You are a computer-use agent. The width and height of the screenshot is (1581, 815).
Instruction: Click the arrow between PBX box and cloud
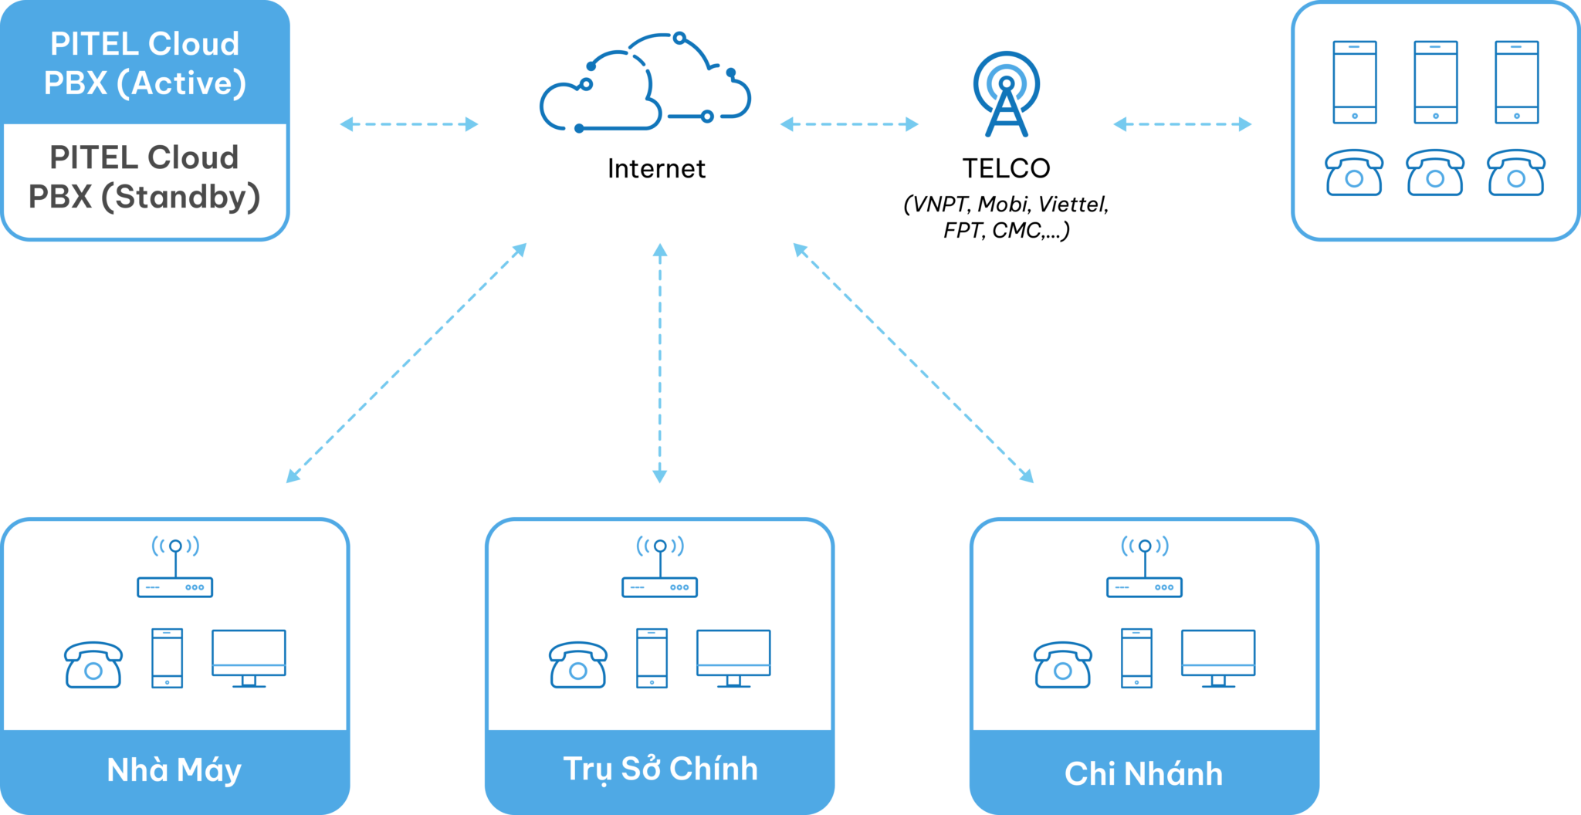pos(409,124)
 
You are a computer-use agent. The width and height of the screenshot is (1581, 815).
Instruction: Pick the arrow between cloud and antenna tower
pos(849,124)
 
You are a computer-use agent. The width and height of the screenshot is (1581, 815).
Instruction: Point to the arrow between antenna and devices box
pos(1182,124)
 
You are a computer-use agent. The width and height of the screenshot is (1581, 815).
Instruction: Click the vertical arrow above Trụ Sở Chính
pos(659,363)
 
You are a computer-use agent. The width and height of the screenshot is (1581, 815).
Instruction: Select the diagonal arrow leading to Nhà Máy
pos(406,363)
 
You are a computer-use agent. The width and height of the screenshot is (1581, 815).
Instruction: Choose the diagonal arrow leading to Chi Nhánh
pos(913,363)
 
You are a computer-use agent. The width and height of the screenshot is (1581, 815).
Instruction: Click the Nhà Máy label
pos(174,770)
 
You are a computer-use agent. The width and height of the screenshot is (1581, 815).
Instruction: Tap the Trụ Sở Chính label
pos(660,769)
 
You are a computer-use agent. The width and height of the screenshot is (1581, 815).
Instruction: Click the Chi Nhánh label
pos(1143,774)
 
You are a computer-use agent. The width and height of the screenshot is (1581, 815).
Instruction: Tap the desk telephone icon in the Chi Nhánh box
pos(1062,665)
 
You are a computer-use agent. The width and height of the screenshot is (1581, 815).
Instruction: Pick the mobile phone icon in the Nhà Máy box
pos(168,658)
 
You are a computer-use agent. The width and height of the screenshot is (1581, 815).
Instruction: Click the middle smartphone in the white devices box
pos(1435,83)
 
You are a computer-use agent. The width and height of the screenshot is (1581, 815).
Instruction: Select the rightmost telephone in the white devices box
pos(1516,173)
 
